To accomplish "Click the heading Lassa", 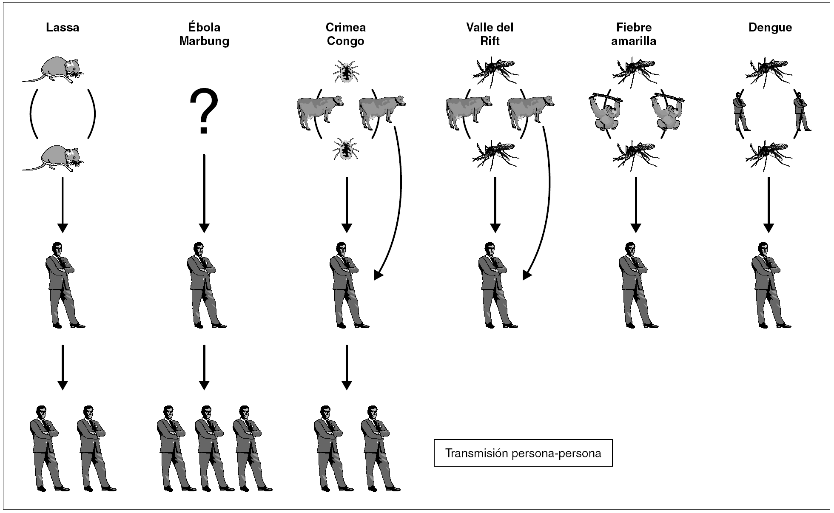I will click(x=63, y=28).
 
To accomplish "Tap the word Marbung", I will click(x=204, y=41).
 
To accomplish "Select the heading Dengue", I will click(x=770, y=28).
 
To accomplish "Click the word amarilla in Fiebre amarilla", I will click(x=634, y=41).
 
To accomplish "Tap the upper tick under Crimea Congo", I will click(x=346, y=71).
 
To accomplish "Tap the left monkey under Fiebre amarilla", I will click(x=605, y=111).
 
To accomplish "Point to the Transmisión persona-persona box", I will click(x=523, y=453).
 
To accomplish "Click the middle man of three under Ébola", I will click(x=208, y=448).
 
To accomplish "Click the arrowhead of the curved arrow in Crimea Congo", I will click(x=378, y=276).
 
